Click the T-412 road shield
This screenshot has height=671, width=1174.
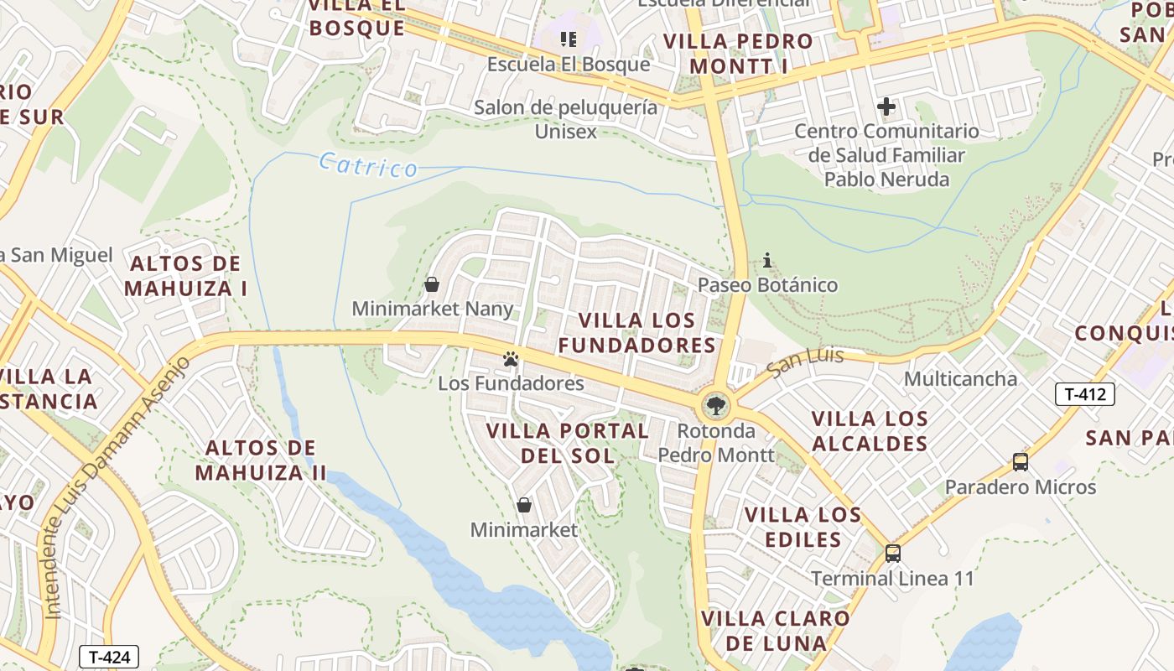pos(1084,394)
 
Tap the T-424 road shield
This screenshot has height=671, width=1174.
pos(108,657)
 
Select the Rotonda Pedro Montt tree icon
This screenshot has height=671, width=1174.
pos(715,407)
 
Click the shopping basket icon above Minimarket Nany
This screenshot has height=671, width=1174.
pos(432,284)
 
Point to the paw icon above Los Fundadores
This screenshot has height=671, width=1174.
pos(511,359)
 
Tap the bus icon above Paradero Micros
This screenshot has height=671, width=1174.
pos(1021,461)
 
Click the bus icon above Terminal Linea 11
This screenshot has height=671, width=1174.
pos(893,554)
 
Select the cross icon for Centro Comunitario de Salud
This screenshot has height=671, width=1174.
pos(886,107)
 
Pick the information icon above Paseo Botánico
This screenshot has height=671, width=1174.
pos(767,261)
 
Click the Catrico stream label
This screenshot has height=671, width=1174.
pos(368,165)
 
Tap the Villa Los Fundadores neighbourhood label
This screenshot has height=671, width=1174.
pos(637,332)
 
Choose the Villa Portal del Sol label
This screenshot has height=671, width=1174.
pos(568,443)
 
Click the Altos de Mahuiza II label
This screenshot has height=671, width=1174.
pos(261,460)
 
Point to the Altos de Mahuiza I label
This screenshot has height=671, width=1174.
pos(185,276)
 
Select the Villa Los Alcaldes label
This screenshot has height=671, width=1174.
pos(870,430)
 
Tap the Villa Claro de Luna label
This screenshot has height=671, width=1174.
pos(776,631)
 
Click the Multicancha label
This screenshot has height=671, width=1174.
pos(960,378)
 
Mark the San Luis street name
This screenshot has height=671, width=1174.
pos(805,362)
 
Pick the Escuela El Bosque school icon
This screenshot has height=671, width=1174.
pos(569,39)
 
